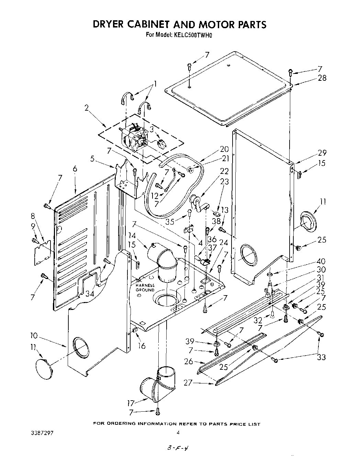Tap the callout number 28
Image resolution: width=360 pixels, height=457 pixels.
coord(322,78)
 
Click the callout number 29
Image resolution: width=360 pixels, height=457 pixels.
coord(322,153)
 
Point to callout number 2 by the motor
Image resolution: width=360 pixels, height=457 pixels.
coord(87,108)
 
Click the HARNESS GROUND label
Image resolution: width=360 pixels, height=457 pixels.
coord(145,288)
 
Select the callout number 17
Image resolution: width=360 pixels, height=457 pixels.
coord(130,403)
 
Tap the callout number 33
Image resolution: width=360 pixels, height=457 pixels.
coord(321,357)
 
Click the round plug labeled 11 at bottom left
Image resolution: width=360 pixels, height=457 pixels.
coord(45,369)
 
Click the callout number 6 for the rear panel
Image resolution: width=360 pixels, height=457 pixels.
coord(75,169)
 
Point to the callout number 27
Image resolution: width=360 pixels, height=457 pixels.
coord(188,382)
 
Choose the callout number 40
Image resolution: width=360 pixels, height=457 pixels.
coord(322,261)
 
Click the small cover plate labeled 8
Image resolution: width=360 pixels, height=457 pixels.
coord(43,253)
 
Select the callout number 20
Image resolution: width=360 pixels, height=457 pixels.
coord(224,149)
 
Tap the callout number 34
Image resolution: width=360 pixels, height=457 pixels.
coord(90,294)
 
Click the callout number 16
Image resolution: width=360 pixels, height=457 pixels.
coord(142,345)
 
